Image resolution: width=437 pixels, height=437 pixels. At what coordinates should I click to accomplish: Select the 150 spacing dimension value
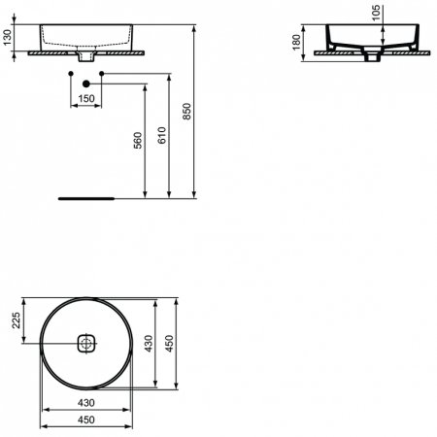tap(86, 99)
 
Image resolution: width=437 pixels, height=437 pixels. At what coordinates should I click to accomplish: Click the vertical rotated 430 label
tap(149, 344)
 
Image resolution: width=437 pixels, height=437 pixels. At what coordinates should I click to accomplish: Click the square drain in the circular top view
tap(87, 344)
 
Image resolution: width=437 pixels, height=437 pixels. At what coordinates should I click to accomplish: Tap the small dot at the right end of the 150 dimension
tap(102, 74)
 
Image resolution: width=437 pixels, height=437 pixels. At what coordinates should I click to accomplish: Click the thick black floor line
tap(87, 197)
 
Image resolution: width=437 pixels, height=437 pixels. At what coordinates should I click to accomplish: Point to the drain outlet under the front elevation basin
tap(86, 59)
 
